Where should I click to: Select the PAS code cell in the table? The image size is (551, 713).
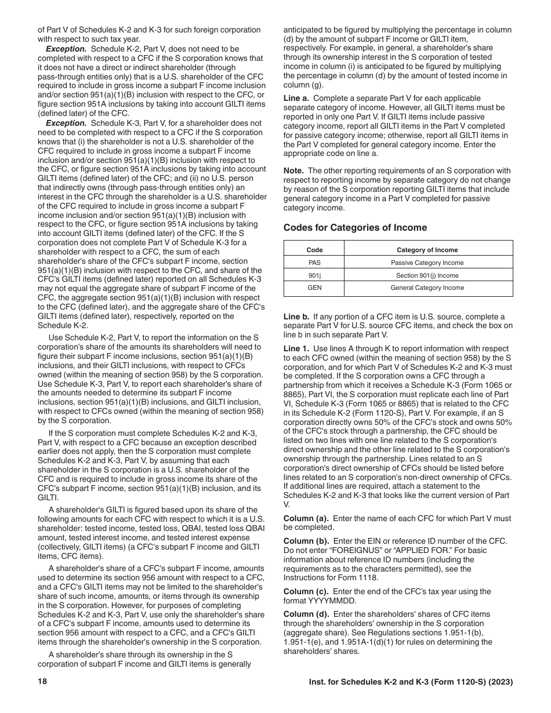(x=314, y=263)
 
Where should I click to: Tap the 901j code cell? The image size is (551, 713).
(x=314, y=275)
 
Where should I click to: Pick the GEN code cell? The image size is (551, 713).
(x=314, y=288)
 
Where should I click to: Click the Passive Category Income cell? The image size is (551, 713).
(x=427, y=263)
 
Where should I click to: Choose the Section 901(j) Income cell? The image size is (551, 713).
(x=427, y=275)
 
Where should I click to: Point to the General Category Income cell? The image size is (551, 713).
(x=427, y=288)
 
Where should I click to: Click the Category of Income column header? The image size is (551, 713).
(x=427, y=250)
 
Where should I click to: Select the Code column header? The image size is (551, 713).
(x=314, y=250)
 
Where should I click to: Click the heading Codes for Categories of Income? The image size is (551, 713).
(x=355, y=228)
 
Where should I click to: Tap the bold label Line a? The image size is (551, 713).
(x=296, y=99)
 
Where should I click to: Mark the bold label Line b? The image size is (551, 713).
(x=296, y=317)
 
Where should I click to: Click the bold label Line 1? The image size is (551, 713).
(x=296, y=349)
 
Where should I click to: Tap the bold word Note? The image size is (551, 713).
(x=293, y=171)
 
